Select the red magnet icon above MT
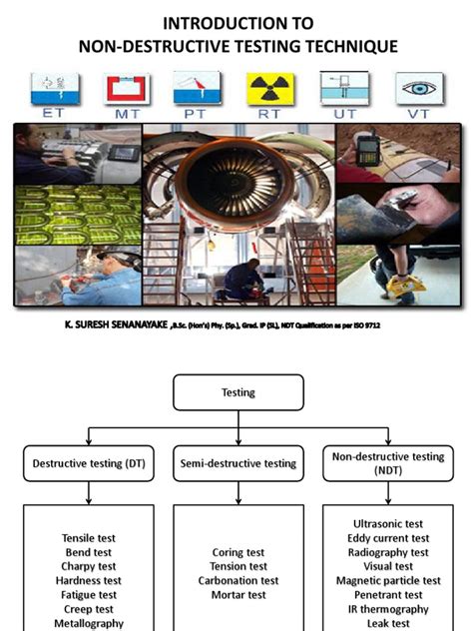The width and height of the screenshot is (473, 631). point(126,89)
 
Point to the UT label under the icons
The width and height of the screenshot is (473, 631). point(344,116)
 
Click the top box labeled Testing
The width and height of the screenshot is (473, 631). point(237,392)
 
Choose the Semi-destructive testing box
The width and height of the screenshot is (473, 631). point(237,463)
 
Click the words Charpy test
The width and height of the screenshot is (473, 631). point(89,566)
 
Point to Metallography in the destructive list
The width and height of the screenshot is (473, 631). point(89,623)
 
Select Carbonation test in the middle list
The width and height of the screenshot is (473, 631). point(237,580)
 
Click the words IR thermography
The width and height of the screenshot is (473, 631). point(388,608)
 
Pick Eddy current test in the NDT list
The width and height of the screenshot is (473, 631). point(388,538)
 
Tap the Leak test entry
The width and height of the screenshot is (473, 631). point(388,622)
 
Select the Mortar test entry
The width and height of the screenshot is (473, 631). point(237,595)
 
